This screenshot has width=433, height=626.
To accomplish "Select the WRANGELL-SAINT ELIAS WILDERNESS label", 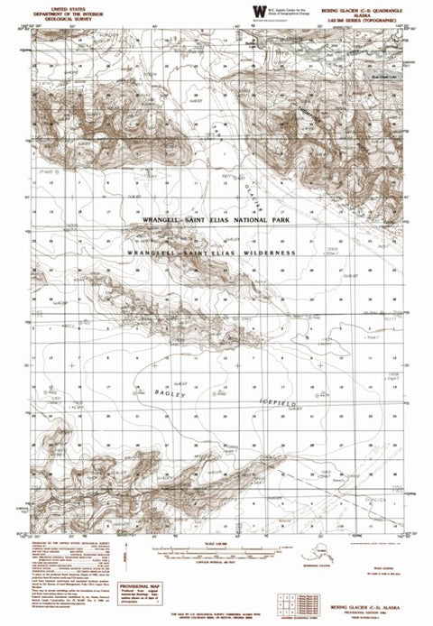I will click(213, 253).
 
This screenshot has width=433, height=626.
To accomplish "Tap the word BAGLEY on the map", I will click(169, 394).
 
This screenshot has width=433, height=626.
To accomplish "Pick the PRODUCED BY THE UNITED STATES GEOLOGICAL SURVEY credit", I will click(68, 545).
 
